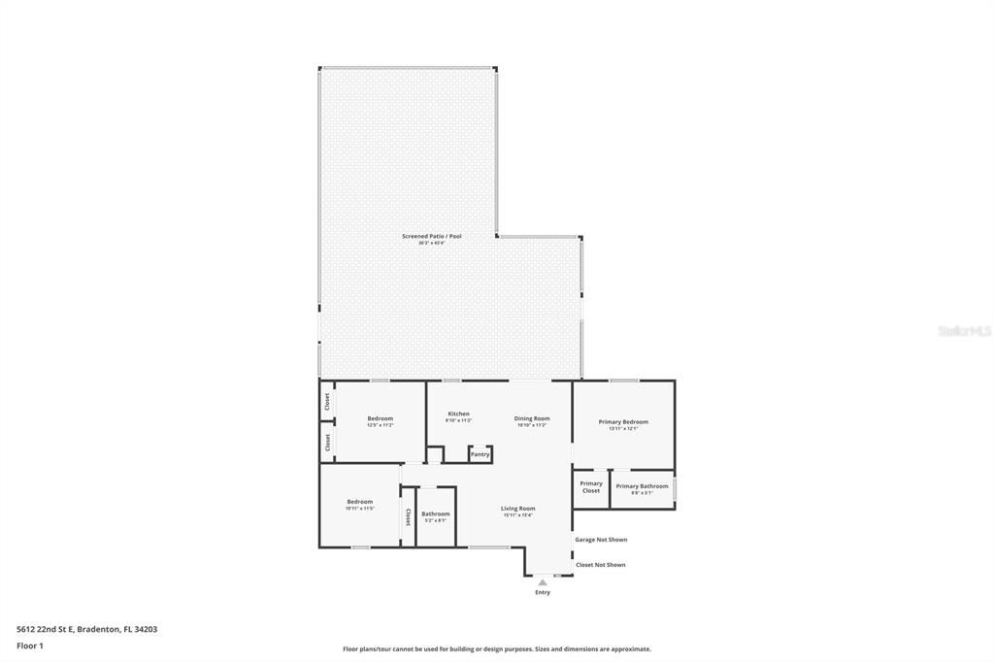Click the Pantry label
(480, 454)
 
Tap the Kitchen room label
(458, 414)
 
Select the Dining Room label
(532, 419)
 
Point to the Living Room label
(517, 509)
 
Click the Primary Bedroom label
(623, 422)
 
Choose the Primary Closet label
(591, 486)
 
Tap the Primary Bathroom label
(642, 486)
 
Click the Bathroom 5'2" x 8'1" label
(435, 514)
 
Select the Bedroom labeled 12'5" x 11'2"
(380, 419)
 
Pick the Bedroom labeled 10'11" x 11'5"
(359, 503)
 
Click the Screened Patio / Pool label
(432, 237)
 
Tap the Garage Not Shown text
(601, 540)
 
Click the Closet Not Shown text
(600, 565)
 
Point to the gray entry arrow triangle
(543, 582)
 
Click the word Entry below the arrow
(543, 592)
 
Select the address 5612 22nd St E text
(86, 629)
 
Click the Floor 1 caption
(30, 645)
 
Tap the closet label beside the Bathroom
(409, 516)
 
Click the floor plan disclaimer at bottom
(496, 649)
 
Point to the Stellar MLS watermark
(964, 331)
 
